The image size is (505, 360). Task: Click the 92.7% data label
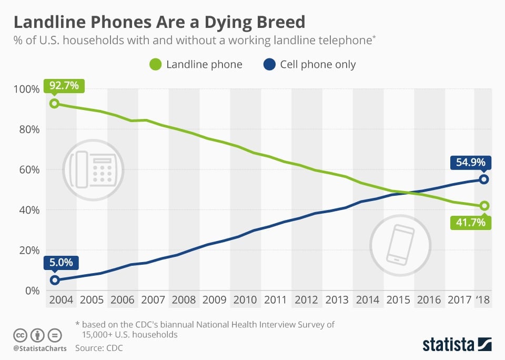64,85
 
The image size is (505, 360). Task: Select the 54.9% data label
470,162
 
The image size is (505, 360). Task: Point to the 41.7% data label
470,222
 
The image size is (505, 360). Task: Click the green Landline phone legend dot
155,65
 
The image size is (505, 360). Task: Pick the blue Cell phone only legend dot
269,65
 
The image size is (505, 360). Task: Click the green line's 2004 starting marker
54,103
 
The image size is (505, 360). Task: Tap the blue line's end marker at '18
484,179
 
